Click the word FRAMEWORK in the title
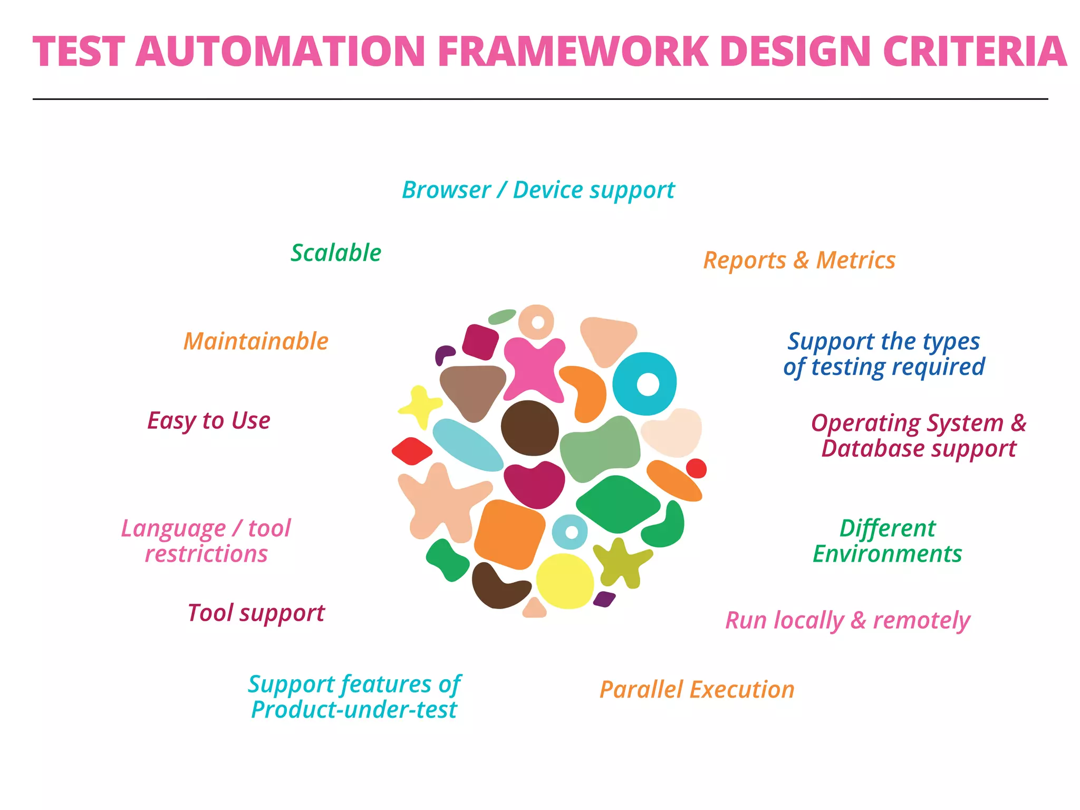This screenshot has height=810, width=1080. [x=573, y=52]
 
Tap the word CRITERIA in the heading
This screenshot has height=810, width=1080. [x=975, y=52]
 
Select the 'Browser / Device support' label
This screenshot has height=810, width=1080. [x=538, y=190]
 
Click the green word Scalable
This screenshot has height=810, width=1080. [x=336, y=253]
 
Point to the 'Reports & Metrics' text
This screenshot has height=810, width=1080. [x=799, y=261]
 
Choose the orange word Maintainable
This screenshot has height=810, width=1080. [x=256, y=341]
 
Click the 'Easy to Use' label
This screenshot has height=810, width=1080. [x=209, y=421]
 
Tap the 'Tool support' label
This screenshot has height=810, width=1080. [x=256, y=613]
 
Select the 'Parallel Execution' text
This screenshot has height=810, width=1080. [x=697, y=690]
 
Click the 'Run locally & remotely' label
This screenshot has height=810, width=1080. [x=847, y=621]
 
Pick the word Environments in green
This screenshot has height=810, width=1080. [x=887, y=554]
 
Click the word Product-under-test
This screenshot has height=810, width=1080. [x=354, y=710]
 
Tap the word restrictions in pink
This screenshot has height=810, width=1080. [x=206, y=554]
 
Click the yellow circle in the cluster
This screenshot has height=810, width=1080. [x=565, y=581]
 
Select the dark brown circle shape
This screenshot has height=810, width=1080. [x=529, y=428]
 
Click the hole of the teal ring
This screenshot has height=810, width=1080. [x=648, y=384]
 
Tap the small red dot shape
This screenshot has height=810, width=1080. [x=696, y=468]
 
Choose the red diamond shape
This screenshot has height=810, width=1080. [x=412, y=451]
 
